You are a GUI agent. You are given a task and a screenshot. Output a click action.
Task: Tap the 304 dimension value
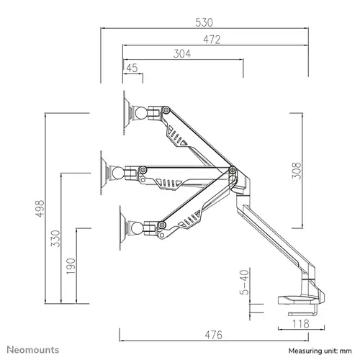184,53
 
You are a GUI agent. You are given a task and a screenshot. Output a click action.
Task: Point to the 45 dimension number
132,68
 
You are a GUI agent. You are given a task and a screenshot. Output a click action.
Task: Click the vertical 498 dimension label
40,208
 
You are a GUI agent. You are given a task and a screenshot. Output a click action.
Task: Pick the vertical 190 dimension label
71,265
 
